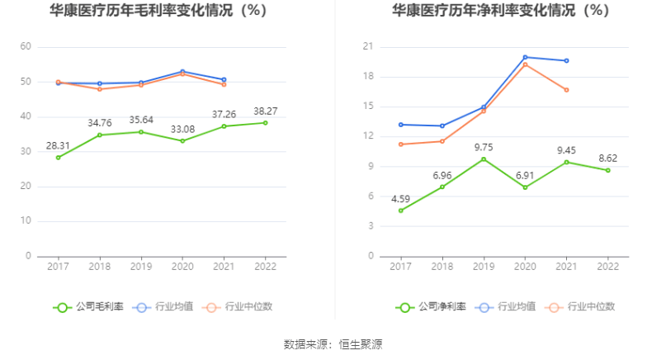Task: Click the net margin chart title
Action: [501, 12]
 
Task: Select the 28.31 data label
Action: [58, 145]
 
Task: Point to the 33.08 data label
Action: [182, 129]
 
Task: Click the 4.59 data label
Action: [401, 198]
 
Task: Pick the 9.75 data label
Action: [484, 146]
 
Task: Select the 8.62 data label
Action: [607, 157]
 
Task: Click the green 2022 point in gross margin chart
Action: [264, 122]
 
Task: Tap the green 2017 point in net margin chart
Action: [401, 211]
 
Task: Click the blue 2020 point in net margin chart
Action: [525, 57]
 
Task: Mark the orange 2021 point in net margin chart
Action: [566, 89]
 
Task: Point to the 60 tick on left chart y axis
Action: [26, 47]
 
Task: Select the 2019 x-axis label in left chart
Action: [140, 267]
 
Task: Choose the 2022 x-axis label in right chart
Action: [607, 267]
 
